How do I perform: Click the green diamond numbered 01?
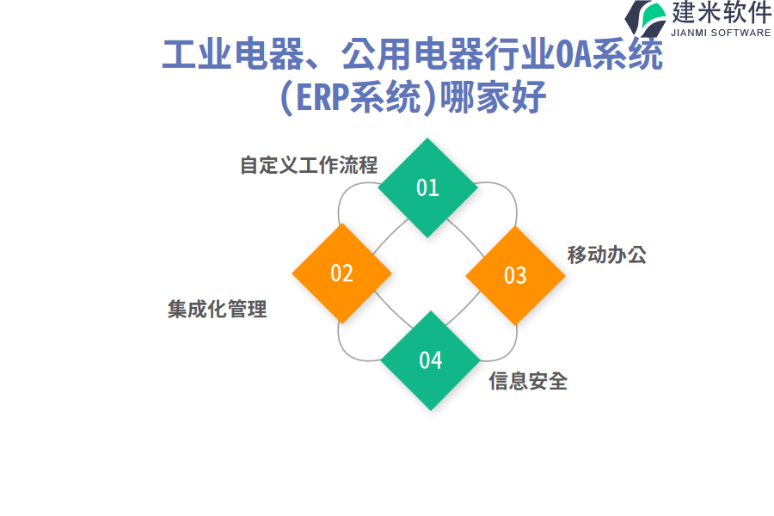(427, 187)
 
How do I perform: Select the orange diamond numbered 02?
(341, 273)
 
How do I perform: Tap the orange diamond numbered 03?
(514, 275)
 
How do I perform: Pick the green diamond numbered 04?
(430, 360)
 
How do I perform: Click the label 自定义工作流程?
(309, 165)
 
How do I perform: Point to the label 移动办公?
(606, 255)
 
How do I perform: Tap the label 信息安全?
(528, 380)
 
